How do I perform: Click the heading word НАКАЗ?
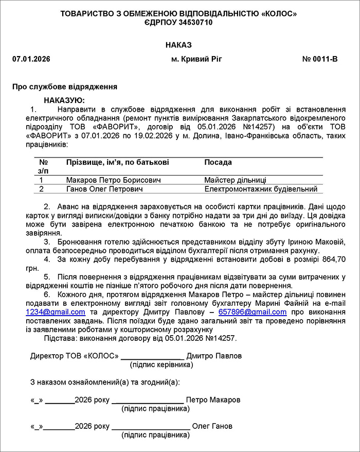click(x=178, y=46)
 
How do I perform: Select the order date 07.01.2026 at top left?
click(x=31, y=59)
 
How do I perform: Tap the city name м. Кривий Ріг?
click(x=196, y=59)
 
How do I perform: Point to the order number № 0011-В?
click(x=320, y=59)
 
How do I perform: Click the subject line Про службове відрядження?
click(x=65, y=86)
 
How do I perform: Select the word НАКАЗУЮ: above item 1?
click(x=64, y=100)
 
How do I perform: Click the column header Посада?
click(x=218, y=162)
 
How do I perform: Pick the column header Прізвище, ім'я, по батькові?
click(x=117, y=162)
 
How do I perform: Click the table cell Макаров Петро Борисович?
click(x=113, y=180)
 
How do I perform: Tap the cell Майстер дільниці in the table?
click(x=235, y=180)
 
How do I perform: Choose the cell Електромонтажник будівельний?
click(x=261, y=189)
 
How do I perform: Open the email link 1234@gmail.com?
click(x=56, y=312)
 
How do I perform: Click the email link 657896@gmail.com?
click(x=260, y=312)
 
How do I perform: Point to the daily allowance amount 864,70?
click(x=333, y=259)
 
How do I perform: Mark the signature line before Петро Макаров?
click(x=148, y=400)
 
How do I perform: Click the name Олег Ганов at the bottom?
click(x=212, y=426)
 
